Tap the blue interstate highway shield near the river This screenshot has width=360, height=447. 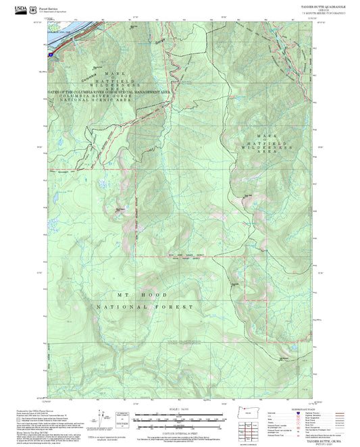(x=52, y=49)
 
